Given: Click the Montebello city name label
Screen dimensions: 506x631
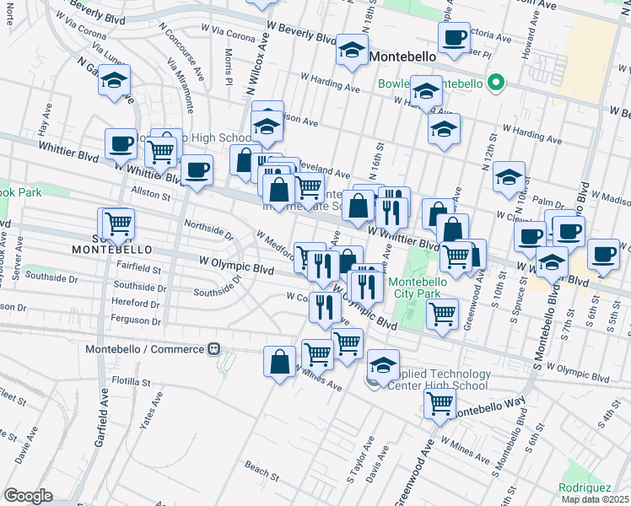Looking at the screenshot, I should [x=401, y=57].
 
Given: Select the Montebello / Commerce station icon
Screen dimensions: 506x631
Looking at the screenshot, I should [x=214, y=348].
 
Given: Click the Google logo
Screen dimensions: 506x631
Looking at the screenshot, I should [x=28, y=496].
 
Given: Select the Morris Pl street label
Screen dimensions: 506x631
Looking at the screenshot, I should [x=229, y=66].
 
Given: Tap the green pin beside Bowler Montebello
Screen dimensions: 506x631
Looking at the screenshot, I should [x=497, y=83].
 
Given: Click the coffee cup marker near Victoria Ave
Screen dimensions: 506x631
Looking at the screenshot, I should [x=454, y=37].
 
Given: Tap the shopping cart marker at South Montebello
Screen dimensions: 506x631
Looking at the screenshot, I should [x=118, y=223].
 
